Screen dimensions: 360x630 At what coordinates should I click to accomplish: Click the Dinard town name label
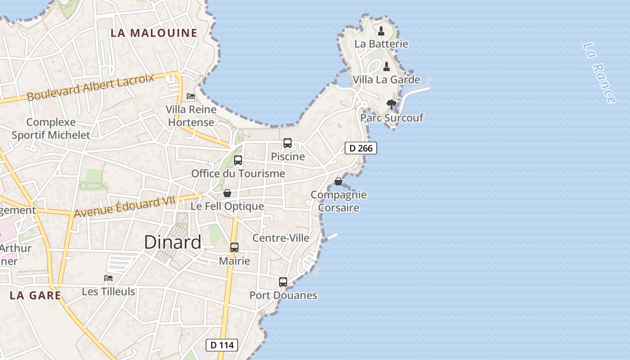tap(173, 243)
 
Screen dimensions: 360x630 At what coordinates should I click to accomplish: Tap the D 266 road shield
tap(360, 148)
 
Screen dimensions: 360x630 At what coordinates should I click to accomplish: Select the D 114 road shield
tap(221, 345)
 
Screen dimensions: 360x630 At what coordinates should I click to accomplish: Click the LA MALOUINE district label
tap(154, 33)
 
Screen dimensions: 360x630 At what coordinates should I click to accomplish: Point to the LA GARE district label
tap(35, 295)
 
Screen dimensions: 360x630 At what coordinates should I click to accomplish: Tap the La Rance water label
tap(598, 73)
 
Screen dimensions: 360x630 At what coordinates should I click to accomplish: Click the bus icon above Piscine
tap(288, 143)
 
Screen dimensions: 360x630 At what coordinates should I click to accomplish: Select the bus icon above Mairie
tap(234, 247)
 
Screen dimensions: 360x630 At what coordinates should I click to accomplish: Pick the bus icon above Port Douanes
tap(283, 282)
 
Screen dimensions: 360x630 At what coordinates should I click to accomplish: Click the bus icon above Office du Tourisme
tap(238, 160)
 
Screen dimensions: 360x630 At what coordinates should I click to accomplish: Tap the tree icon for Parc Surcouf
tap(391, 104)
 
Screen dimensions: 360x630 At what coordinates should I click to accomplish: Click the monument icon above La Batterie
tap(381, 31)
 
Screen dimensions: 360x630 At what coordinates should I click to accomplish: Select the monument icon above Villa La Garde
tap(386, 67)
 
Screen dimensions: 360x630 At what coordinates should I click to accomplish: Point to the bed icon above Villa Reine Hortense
tap(191, 96)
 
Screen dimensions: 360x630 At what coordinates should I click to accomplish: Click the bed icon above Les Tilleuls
tap(108, 278)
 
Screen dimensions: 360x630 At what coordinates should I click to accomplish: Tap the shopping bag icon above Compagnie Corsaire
tap(338, 181)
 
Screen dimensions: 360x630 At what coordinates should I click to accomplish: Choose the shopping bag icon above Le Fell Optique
tap(227, 193)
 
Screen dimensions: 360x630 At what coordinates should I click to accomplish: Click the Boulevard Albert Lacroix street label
tap(90, 87)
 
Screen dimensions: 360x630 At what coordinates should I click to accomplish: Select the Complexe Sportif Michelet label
tap(51, 128)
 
